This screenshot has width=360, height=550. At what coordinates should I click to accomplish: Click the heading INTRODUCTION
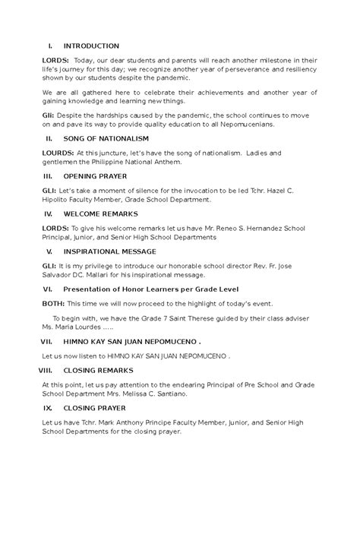92,46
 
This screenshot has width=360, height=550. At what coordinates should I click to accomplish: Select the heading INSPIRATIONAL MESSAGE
110,251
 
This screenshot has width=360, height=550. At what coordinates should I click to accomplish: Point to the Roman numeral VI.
47,289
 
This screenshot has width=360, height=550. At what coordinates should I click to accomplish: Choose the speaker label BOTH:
55,302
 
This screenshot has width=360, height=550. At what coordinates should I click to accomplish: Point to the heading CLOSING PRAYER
95,408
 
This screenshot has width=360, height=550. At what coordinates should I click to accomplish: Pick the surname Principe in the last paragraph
171,422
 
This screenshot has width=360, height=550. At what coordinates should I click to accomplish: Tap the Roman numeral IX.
47,408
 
